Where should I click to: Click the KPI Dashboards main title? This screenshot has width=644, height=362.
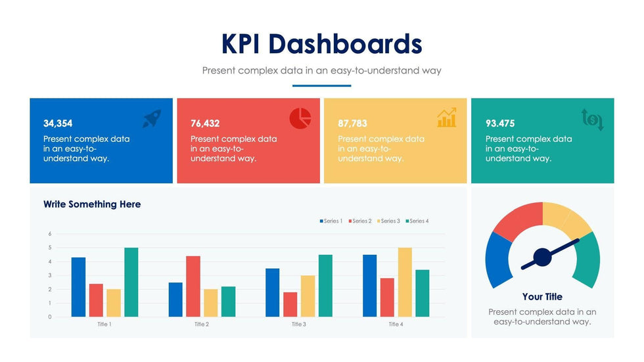321,44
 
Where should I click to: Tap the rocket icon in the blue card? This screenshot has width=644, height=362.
152,118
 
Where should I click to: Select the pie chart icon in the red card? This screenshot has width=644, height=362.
300,118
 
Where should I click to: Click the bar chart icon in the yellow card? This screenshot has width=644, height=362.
447,118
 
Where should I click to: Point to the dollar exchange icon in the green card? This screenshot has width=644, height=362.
592,120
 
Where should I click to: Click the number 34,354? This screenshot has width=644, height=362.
58,124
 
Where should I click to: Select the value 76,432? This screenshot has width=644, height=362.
205,124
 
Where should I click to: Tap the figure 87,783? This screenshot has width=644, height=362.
352,124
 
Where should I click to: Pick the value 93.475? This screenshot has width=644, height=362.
500,124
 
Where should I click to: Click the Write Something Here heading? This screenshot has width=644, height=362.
92,204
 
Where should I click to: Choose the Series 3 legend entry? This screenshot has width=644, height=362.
388,221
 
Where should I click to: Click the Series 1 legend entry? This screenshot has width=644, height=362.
331,221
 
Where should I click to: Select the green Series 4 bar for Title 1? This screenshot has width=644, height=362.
131,283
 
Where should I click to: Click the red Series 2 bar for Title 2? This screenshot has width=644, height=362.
193,286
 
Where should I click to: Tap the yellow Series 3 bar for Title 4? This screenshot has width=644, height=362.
405,283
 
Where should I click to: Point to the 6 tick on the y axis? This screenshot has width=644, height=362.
49,234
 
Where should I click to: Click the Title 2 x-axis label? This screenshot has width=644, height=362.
202,325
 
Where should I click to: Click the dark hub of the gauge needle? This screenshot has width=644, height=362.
542,256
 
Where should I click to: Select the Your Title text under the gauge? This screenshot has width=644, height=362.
542,297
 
